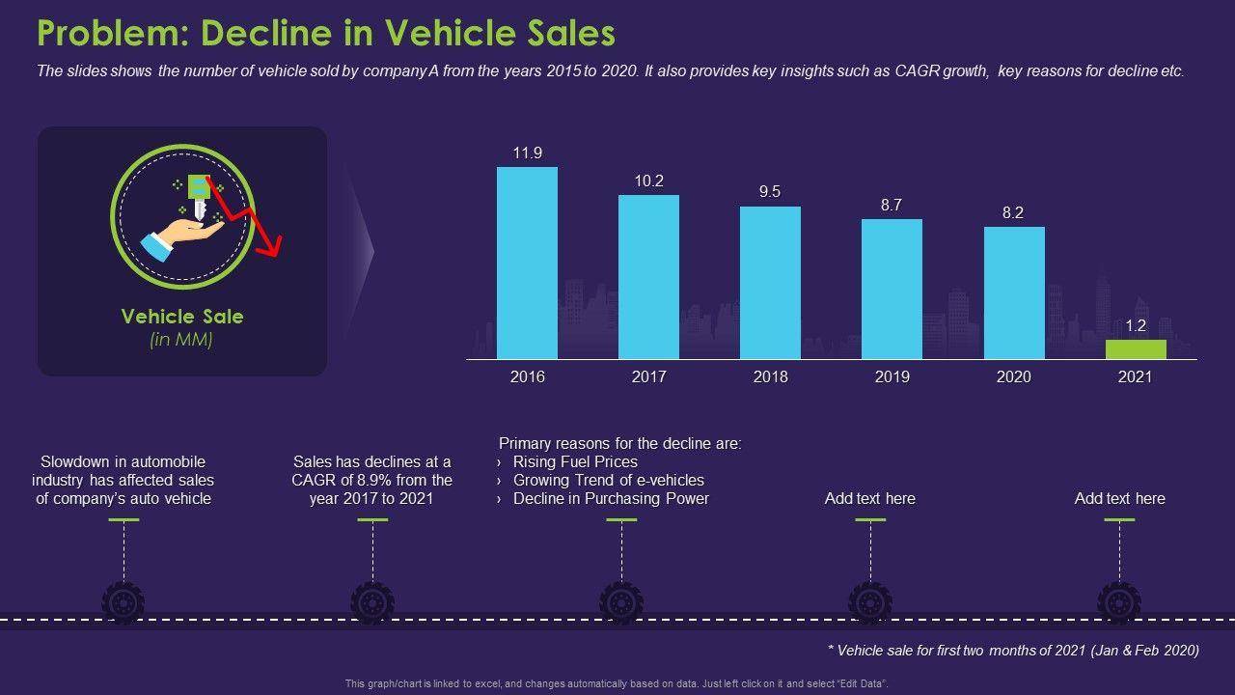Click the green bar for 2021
click(1136, 349)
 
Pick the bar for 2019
click(892, 289)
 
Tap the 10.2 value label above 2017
click(648, 181)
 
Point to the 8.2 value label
click(1013, 212)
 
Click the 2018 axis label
click(770, 376)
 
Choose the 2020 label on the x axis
click(1013, 376)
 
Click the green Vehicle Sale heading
click(182, 317)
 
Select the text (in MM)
click(181, 340)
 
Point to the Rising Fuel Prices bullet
click(575, 462)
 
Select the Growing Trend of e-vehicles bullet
click(608, 481)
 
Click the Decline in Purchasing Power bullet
click(611, 499)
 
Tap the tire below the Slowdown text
click(123, 602)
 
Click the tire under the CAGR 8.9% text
click(372, 602)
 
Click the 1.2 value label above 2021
click(1135, 325)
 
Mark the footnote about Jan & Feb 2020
click(1013, 651)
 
